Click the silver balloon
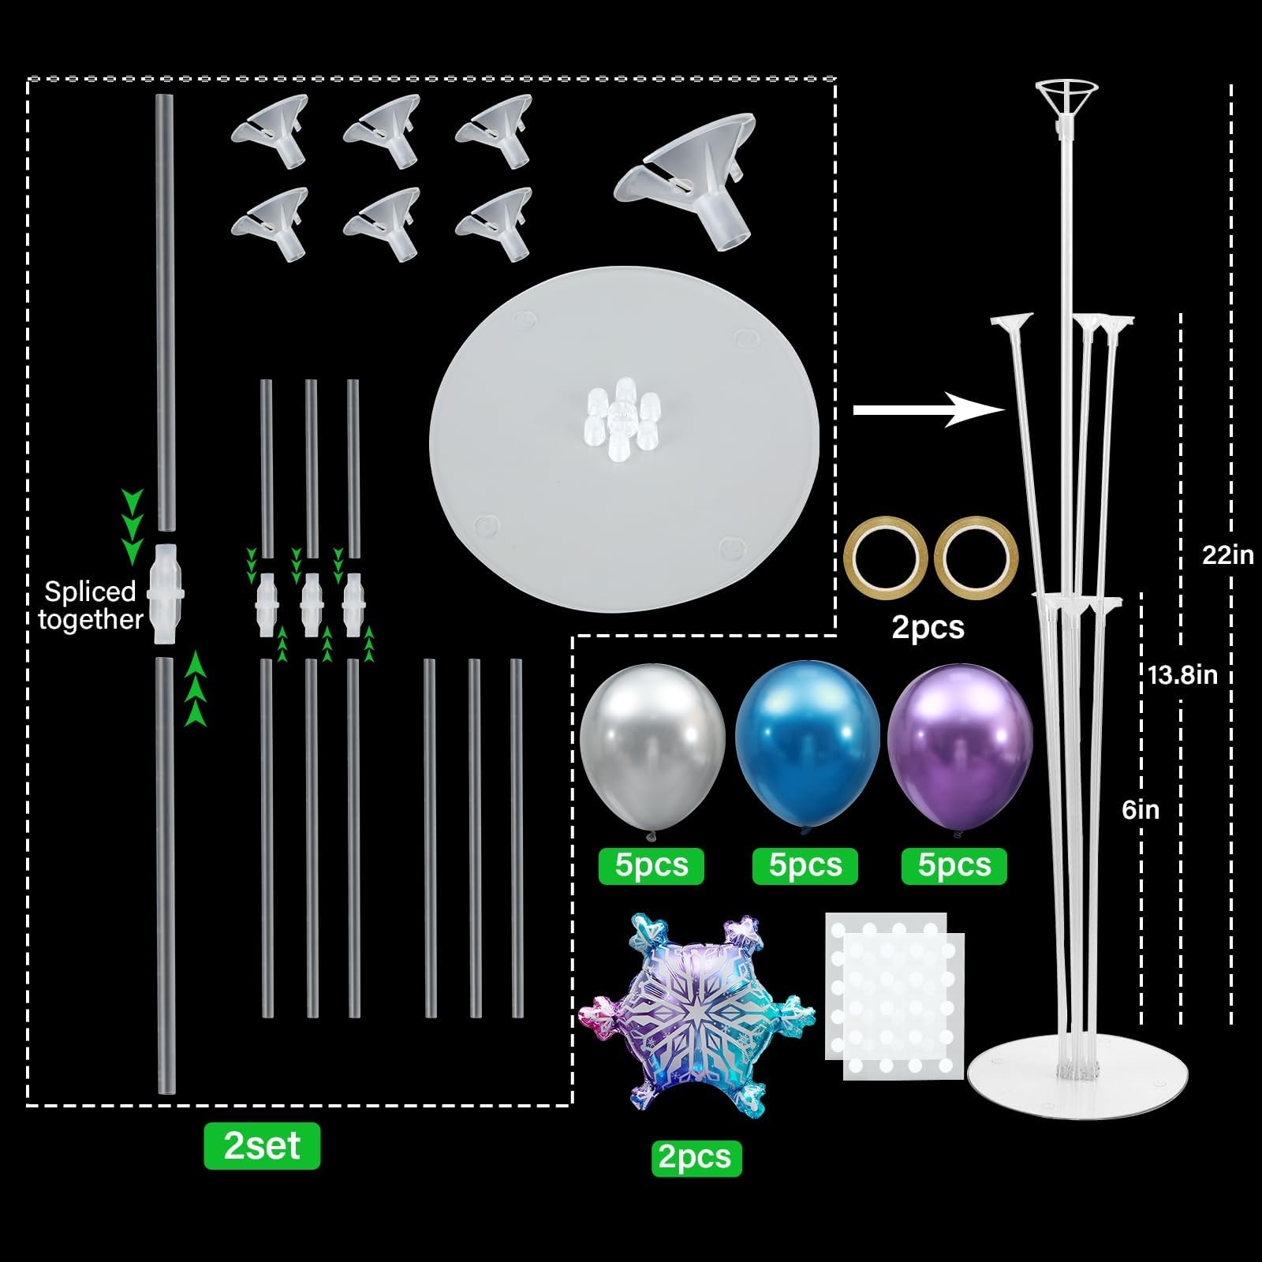[x=652, y=746]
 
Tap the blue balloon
[x=807, y=746]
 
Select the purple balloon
[x=960, y=746]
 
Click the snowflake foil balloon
[x=696, y=1013]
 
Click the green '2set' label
[x=262, y=1145]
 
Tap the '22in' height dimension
[x=1227, y=554]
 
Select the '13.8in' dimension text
[x=1182, y=675]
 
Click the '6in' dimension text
[x=1141, y=809]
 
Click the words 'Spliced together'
[x=90, y=606]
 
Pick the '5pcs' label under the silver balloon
[x=652, y=865]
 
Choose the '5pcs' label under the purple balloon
[x=954, y=865]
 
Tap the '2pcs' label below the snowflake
[x=696, y=1157]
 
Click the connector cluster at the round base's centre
[x=623, y=420]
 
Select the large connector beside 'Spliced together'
[x=166, y=593]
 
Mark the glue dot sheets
[x=894, y=995]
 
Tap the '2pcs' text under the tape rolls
[x=928, y=628]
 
